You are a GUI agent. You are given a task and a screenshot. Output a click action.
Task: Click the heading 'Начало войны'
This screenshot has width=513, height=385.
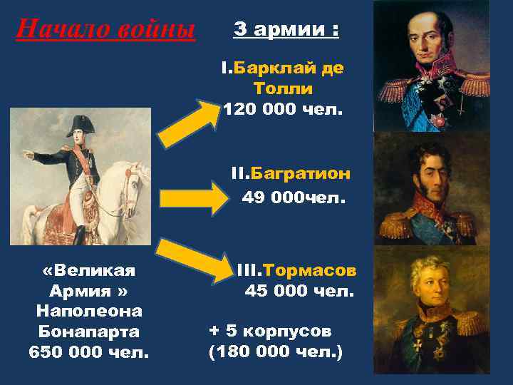[105, 29]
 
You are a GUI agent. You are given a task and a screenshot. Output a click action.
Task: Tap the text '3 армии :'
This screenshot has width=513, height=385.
[286, 31]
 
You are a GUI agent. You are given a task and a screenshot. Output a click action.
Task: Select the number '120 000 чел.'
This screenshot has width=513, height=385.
[283, 109]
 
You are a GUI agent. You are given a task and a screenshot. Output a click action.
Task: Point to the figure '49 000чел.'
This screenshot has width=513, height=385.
[294, 197]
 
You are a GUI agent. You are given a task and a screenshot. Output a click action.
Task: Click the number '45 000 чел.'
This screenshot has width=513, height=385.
[299, 292]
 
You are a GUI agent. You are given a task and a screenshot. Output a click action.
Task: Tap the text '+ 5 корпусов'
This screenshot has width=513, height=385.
[270, 332]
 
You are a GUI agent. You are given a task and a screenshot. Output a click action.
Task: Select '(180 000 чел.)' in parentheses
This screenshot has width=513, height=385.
[275, 351]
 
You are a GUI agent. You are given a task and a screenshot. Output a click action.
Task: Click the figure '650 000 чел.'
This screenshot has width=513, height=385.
[89, 352]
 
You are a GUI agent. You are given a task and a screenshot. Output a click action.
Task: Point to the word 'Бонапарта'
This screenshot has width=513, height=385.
[89, 332]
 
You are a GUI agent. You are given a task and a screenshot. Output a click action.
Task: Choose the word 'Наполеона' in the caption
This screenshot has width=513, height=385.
[89, 312]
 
